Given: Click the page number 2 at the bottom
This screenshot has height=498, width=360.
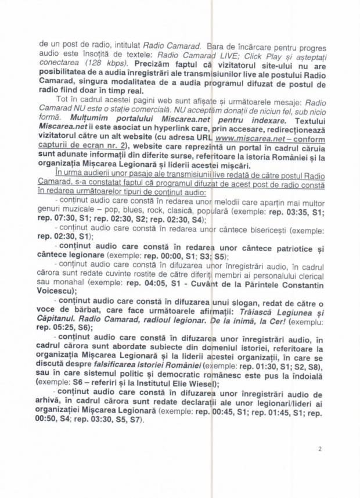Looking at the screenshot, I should tap(319, 449).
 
